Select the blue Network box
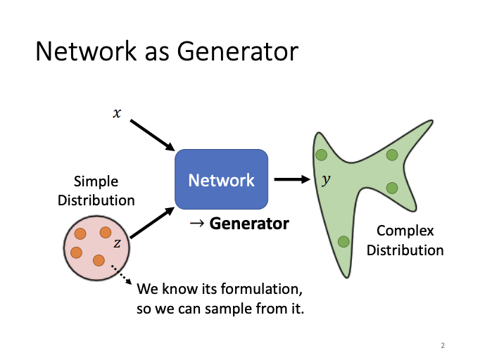pos(221,179)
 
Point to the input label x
pos(117,112)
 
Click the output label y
pos(325,179)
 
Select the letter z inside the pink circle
pos(117,243)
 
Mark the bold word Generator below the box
pos(249,224)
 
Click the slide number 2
pos(443,345)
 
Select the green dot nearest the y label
pos(321,155)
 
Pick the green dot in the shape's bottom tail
pos(343,242)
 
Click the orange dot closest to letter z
pos(106,233)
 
